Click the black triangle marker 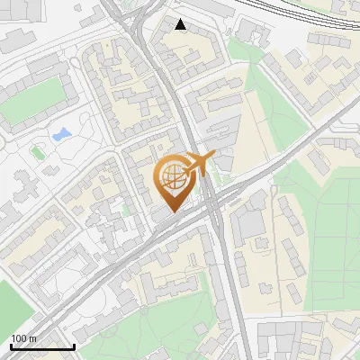[181, 24]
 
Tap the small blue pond [61, 136]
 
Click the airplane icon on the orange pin [197, 164]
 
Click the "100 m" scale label [23, 338]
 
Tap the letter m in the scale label [32, 338]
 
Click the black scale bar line [42, 346]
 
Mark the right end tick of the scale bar [74, 345]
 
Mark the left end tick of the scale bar [11, 345]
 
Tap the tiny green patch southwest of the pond [38, 151]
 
